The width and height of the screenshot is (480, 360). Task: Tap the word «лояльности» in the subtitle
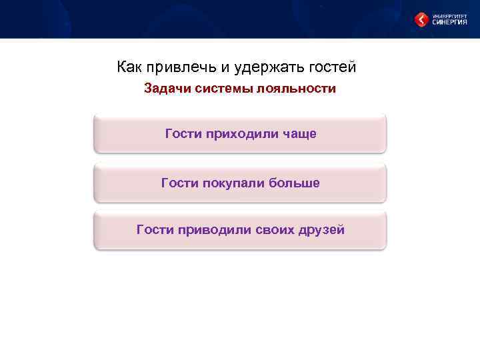pos(299,89)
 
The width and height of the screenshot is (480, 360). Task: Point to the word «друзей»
pos(323,230)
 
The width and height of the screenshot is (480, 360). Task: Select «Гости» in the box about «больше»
pos(179,183)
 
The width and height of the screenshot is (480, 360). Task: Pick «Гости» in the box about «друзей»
pos(154,230)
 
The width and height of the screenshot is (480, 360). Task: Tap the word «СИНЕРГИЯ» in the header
pos(450,22)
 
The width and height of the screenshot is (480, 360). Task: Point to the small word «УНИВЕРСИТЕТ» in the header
pos(450,15)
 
